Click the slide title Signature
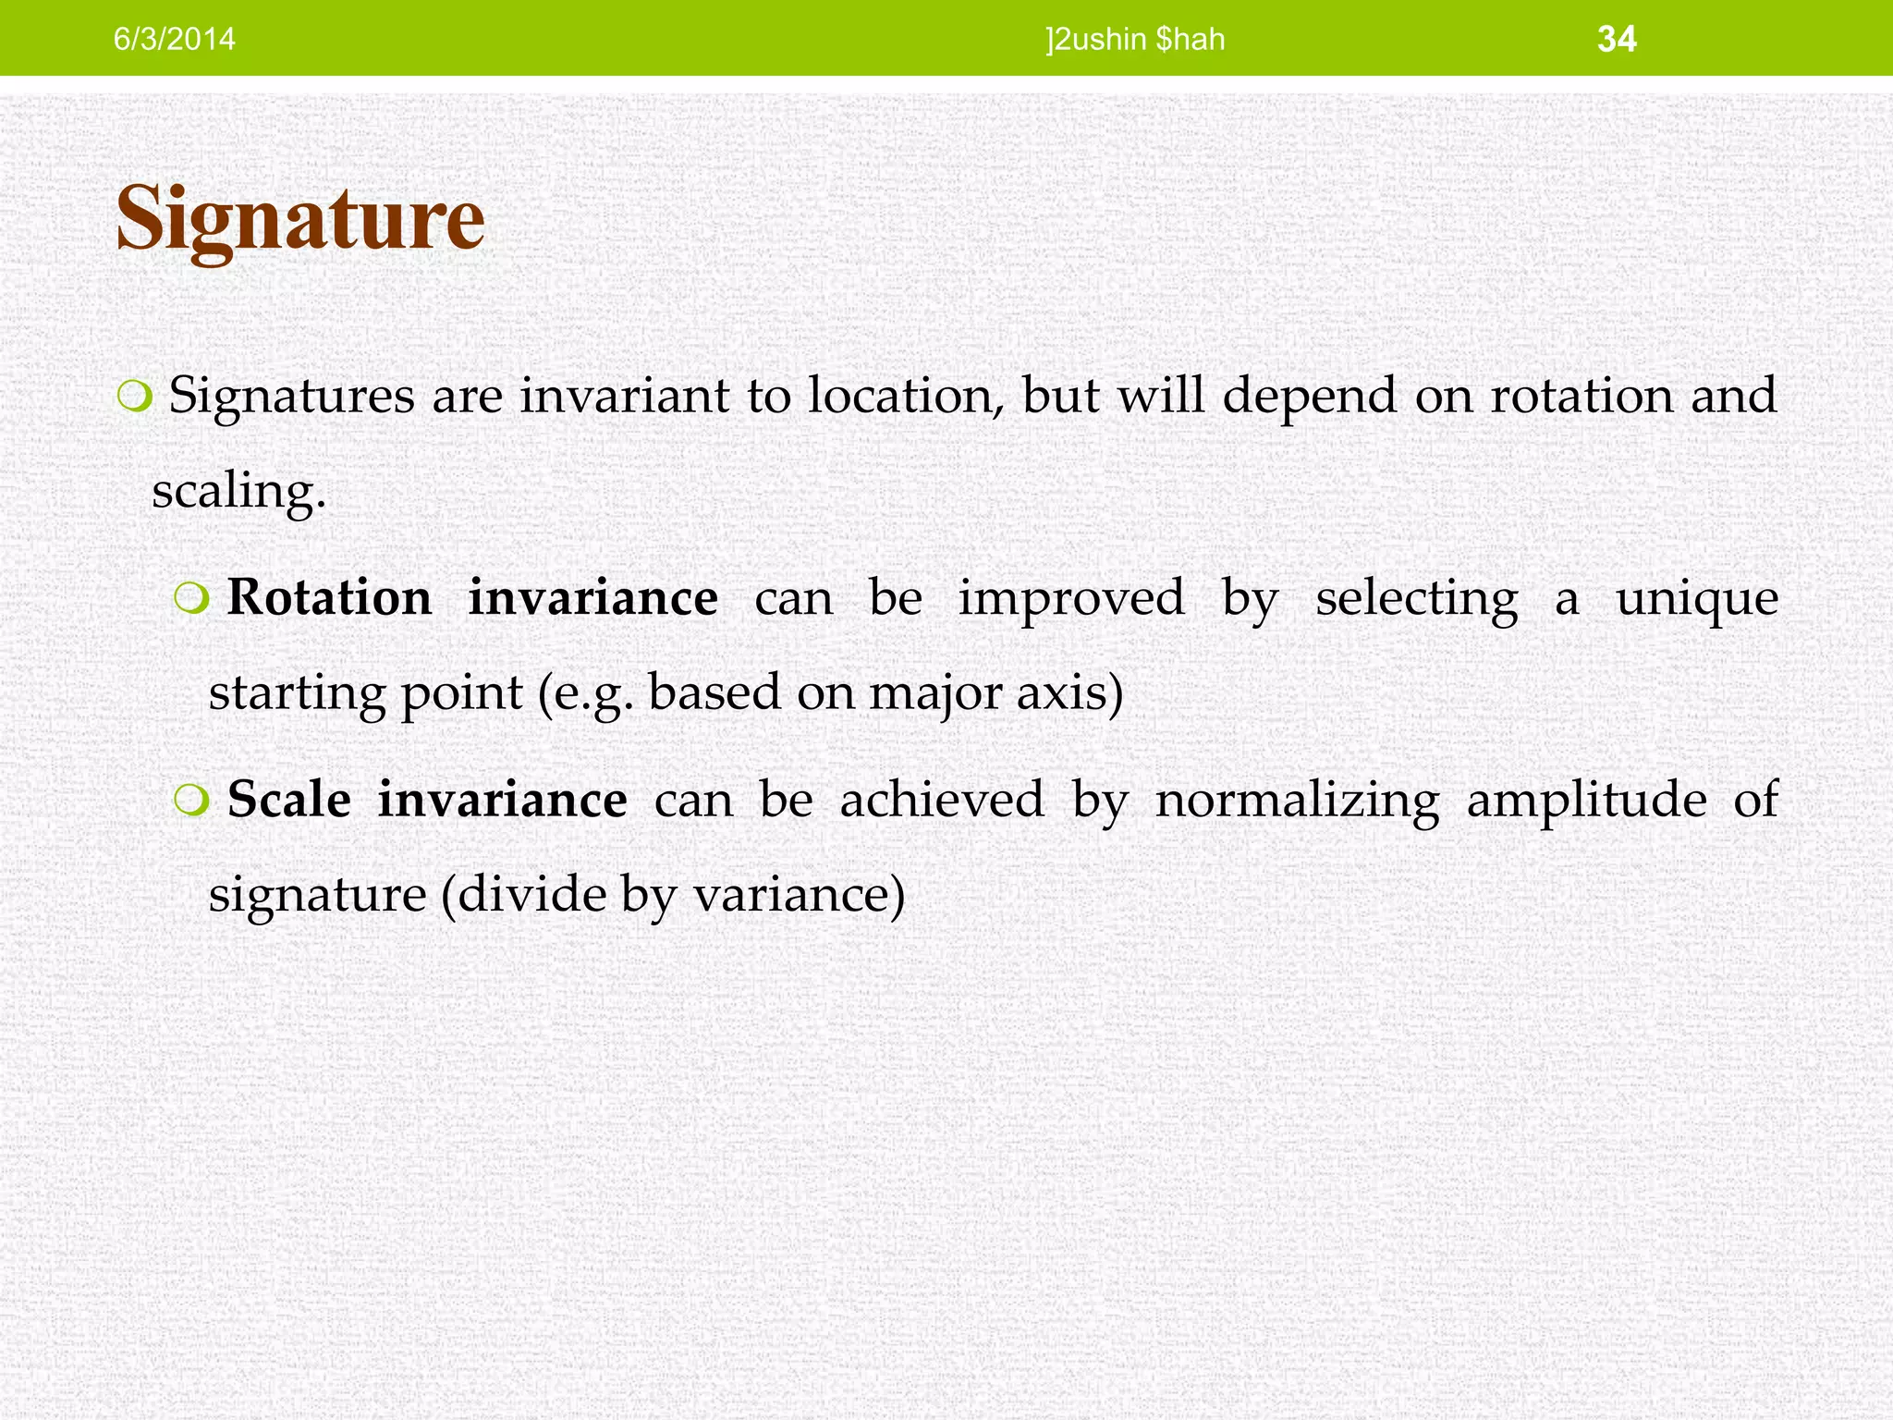point(299,220)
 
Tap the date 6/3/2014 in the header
point(174,39)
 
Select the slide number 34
point(1617,39)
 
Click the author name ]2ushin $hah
point(1135,39)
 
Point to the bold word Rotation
point(329,597)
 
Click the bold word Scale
point(288,799)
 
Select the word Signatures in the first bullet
point(291,396)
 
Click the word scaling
point(238,490)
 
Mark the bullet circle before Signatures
point(134,398)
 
